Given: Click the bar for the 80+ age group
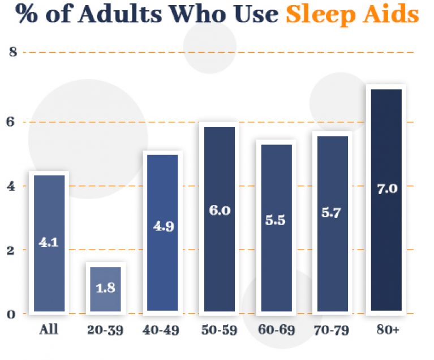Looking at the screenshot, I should pos(386,200).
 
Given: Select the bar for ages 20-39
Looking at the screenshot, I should pos(105,289).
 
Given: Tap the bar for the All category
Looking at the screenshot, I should pos(49,243).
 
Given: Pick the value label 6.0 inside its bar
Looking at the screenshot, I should pos(219,211).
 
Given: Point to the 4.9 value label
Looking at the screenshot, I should pos(163,226).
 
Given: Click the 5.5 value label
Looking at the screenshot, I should pos(276,220).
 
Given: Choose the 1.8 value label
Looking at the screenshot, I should pos(105,288).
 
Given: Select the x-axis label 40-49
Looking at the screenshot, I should pos(163,329).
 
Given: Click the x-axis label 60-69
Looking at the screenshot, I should pos(276,329).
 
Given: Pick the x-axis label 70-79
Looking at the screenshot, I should pos(332,329).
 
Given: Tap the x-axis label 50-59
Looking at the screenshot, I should pos(219,329).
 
